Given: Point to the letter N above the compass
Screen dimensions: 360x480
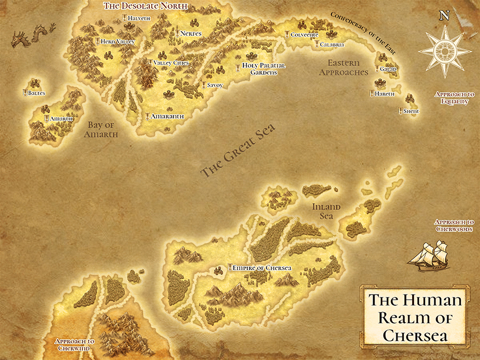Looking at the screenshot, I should pos(444,16).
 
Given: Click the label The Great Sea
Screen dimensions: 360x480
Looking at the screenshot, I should pos(238,151).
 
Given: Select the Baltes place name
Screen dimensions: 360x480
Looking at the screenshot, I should pos(34,93).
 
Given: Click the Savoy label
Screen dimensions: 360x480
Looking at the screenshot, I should pos(215,85).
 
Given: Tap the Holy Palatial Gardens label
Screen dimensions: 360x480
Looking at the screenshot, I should pos(264,69).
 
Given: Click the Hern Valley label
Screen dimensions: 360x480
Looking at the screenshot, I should pos(118,42).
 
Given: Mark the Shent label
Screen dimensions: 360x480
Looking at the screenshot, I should pos(411,112).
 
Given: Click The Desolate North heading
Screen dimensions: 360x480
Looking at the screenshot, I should pos(146,6).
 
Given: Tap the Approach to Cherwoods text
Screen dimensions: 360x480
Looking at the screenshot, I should pos(455,226).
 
